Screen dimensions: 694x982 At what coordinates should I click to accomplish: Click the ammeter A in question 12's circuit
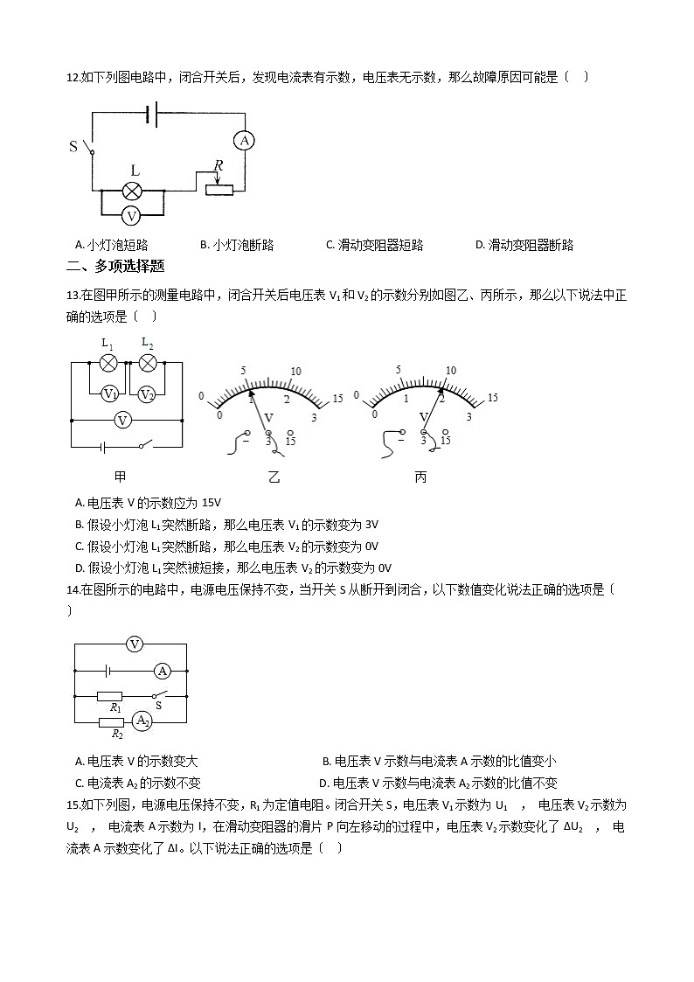(246, 140)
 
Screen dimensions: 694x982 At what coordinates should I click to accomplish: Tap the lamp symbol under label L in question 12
(132, 192)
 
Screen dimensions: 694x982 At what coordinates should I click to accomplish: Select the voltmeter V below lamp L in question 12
(132, 215)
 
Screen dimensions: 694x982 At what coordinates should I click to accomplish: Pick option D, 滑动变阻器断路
(524, 245)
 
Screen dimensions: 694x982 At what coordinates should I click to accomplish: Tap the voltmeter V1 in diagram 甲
(110, 393)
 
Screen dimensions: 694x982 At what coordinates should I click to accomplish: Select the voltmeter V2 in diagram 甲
(147, 393)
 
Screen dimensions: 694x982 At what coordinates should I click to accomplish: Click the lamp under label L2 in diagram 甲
(148, 362)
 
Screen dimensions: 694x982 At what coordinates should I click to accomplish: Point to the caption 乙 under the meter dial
(274, 477)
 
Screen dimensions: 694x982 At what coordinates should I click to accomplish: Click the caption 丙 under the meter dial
(421, 477)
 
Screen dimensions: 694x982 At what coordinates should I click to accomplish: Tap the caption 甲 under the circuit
(121, 477)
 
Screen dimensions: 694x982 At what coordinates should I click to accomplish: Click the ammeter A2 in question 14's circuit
(142, 721)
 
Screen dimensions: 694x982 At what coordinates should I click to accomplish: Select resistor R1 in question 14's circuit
(110, 698)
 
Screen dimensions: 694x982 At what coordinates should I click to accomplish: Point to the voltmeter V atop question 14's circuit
(135, 644)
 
